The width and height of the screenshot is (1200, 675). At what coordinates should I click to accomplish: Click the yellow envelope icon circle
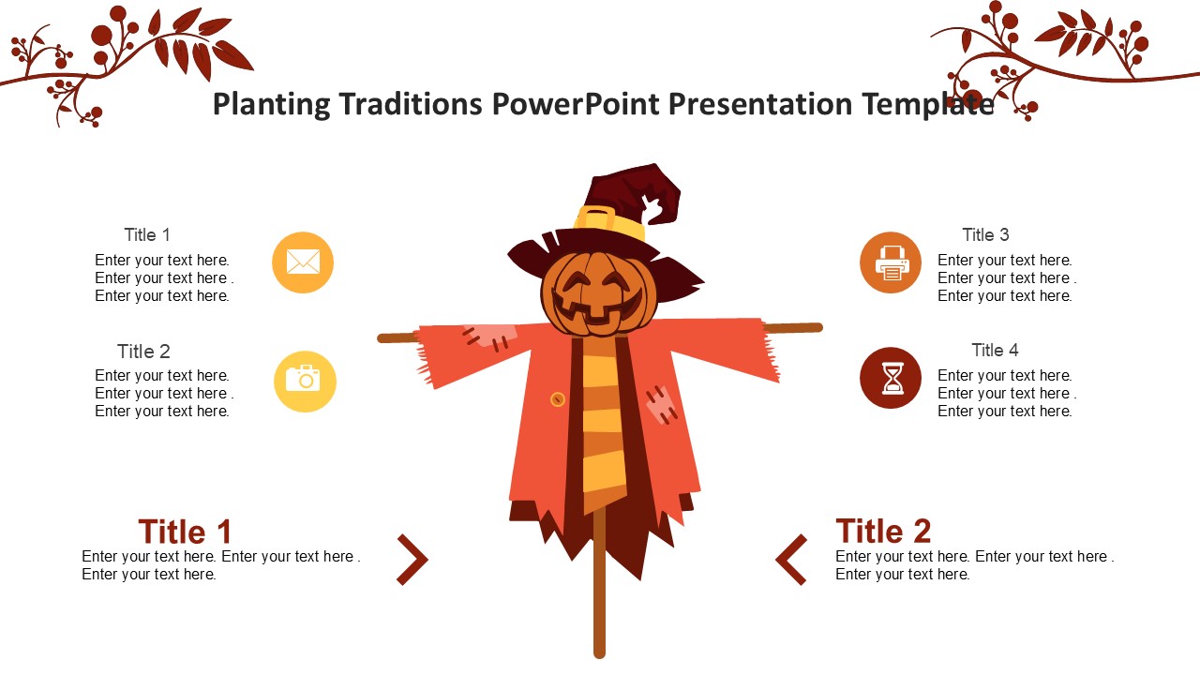pos(303,262)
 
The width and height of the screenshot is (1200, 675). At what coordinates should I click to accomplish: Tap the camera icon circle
pos(305,382)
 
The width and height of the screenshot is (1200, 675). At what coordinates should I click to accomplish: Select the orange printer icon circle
pos(891,262)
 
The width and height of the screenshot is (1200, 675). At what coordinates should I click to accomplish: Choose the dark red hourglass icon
pos(891,378)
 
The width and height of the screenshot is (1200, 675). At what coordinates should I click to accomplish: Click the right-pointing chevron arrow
pos(413,560)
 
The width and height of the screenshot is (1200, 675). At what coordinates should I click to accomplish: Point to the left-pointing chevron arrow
pos(791,560)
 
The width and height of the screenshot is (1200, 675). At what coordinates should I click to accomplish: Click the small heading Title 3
pos(985,234)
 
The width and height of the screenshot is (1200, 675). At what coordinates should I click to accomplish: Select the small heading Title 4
pos(995,351)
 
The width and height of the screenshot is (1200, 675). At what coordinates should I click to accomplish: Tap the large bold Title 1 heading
pos(185,532)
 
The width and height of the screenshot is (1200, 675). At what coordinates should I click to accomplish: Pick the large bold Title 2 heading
pos(883,531)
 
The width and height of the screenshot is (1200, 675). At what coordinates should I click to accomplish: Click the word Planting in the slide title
pos(272,104)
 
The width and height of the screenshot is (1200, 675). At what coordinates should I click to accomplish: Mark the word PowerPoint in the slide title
pos(576,103)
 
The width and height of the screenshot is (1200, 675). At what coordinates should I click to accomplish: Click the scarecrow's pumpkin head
pos(599,294)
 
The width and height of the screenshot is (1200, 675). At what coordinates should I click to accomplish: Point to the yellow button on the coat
pos(558,399)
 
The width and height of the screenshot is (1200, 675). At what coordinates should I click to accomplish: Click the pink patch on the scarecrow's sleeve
pos(489,337)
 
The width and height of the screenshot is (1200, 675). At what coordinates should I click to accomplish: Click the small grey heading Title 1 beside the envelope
pos(147,234)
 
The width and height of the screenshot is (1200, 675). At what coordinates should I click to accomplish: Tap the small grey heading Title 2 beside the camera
pos(143,352)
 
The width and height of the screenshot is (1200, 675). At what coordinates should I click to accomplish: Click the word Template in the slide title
pos(928,104)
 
